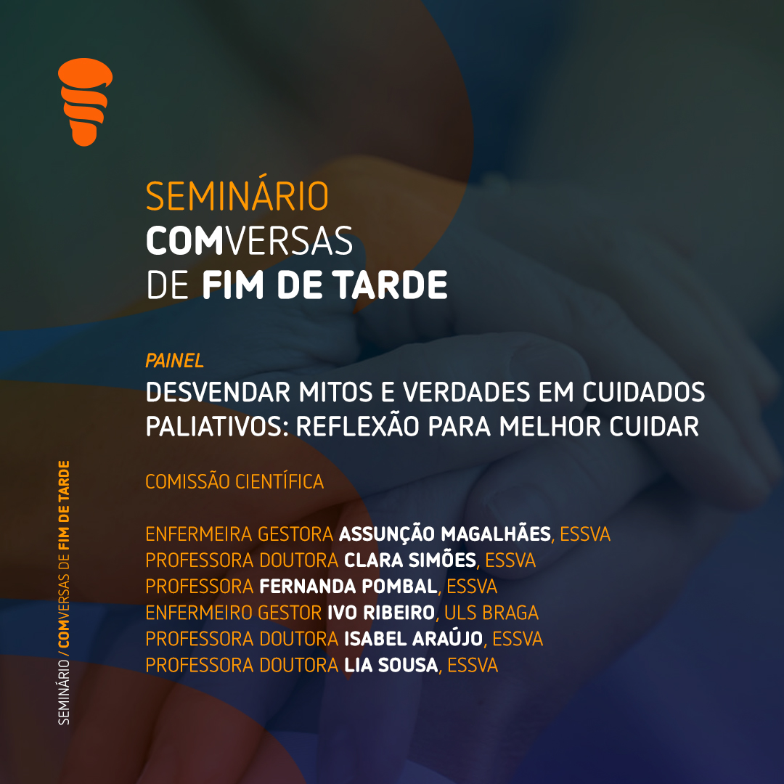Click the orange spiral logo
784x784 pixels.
click(85, 102)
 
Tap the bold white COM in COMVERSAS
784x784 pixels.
click(184, 241)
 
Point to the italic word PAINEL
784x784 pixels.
click(174, 361)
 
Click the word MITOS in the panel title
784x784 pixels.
click(335, 392)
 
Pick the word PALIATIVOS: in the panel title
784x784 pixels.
click(218, 427)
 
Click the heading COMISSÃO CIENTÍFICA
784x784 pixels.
click(234, 481)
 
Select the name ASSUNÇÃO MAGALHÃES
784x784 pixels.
click(445, 534)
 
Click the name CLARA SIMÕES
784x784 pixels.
click(410, 560)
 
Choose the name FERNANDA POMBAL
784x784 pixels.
click(348, 586)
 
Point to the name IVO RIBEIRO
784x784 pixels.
click(381, 613)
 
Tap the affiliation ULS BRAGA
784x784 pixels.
click(491, 613)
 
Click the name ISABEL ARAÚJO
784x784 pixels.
click(414, 639)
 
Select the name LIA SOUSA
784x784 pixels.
click(391, 665)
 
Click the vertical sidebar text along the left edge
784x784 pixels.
click(64, 592)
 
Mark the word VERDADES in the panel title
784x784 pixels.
click(467, 392)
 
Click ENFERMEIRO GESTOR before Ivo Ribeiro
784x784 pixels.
click(234, 613)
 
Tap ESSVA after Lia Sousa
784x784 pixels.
click(473, 665)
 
